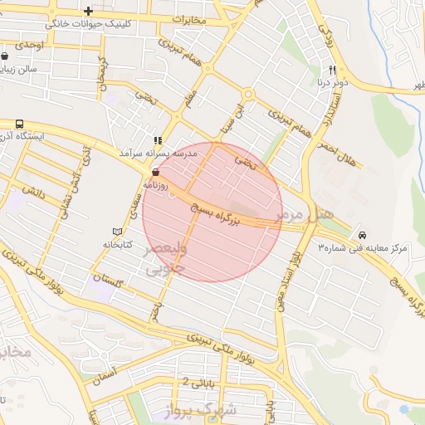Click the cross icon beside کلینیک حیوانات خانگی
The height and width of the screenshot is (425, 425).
(x=89, y=10)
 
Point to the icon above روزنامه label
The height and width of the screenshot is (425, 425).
(x=155, y=173)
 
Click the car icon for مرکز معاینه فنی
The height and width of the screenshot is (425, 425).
(x=364, y=234)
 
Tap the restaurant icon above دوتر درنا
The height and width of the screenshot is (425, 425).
(x=332, y=70)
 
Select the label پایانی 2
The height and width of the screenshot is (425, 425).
(x=198, y=383)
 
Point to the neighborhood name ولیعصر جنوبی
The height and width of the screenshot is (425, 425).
(x=166, y=259)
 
